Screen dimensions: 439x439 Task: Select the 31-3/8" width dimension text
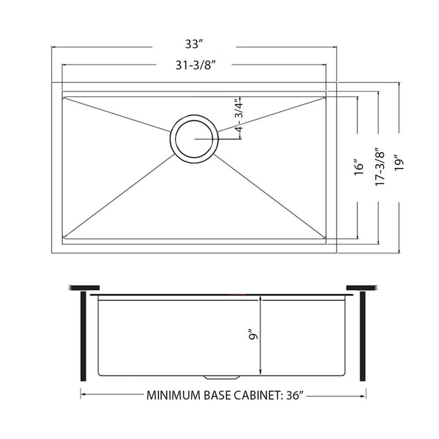(x=194, y=65)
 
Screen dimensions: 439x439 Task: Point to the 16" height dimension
(x=358, y=167)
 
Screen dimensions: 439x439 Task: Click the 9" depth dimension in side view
(x=252, y=334)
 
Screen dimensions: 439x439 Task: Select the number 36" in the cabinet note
(x=295, y=394)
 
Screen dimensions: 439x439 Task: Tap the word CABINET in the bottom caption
(x=254, y=394)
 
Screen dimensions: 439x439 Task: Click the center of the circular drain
(x=194, y=139)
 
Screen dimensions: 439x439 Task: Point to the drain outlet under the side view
(x=221, y=377)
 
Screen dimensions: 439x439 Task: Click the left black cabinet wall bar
(x=83, y=336)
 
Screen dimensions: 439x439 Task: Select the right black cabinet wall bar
(x=362, y=336)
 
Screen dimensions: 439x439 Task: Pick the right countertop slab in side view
(x=361, y=288)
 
